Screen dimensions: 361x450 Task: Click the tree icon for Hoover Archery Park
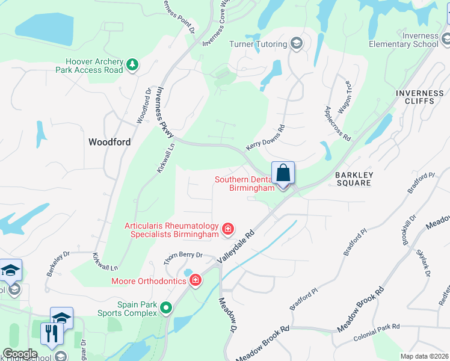pos(132,64)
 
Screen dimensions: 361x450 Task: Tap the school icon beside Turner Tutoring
pos(296,43)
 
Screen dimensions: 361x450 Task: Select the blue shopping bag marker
pos(283,174)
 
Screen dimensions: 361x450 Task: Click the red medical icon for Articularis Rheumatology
pos(228,229)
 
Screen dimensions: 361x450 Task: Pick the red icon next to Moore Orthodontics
pos(195,280)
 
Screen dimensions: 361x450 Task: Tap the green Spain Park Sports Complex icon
pos(166,308)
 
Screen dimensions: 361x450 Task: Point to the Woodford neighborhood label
pos(109,142)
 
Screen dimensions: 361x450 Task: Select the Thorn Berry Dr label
pos(184,259)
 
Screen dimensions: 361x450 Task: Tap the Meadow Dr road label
pos(227,315)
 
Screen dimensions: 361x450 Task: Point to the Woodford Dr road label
pos(144,106)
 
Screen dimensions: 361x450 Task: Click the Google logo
pos(20,354)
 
